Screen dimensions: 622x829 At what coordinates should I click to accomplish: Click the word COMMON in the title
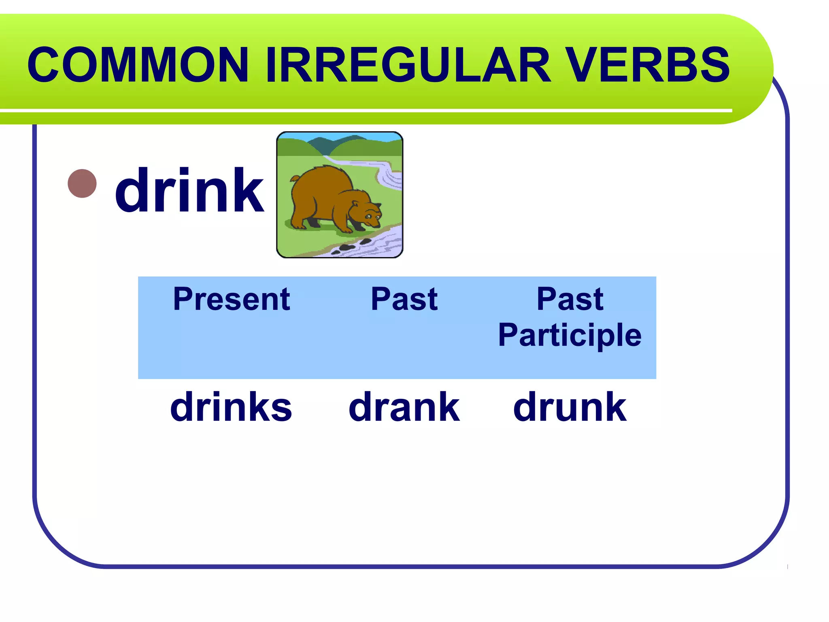pos(138,65)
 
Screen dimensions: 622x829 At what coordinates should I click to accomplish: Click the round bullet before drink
pos(82,183)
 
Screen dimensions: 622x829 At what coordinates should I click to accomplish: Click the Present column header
pos(231,299)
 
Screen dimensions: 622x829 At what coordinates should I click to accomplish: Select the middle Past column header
pos(404,299)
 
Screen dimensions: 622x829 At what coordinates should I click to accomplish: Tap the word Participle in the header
pos(570,335)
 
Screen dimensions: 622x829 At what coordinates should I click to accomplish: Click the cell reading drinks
pos(231,407)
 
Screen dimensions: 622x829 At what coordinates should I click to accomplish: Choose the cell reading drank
pos(404,407)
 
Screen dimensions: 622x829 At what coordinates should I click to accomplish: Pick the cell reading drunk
pos(570,407)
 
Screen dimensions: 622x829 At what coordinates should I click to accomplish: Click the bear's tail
pos(295,178)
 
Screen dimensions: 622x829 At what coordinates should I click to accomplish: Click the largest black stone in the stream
pos(347,247)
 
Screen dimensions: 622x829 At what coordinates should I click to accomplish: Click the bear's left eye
pos(368,217)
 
